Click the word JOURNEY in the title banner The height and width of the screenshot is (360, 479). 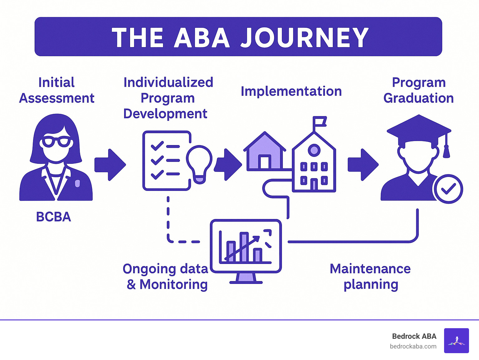pyautogui.click(x=304, y=38)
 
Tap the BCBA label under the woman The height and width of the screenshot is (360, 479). pyautogui.click(x=53, y=217)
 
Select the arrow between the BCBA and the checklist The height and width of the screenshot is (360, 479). pyautogui.click(x=110, y=165)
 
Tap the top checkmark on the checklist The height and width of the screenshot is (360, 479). pyautogui.click(x=157, y=146)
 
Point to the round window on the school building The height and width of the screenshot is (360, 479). pyautogui.click(x=314, y=150)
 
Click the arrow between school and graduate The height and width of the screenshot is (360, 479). pyautogui.click(x=363, y=165)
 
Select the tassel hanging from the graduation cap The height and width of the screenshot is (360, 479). pyautogui.click(x=446, y=150)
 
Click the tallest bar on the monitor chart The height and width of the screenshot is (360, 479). pyautogui.click(x=244, y=247)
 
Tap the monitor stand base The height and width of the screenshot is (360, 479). pyautogui.click(x=246, y=282)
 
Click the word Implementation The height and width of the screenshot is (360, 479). pyautogui.click(x=291, y=91)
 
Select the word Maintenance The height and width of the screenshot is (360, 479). pyautogui.click(x=370, y=269)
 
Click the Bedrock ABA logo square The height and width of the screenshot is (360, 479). pyautogui.click(x=456, y=340)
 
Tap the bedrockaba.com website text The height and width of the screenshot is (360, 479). pyautogui.click(x=413, y=346)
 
